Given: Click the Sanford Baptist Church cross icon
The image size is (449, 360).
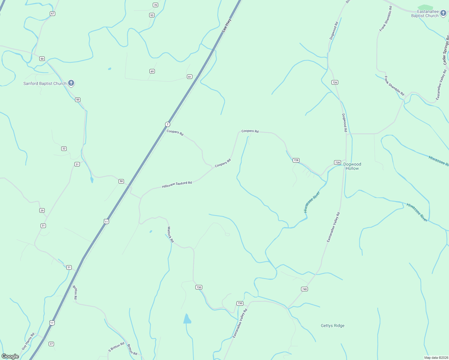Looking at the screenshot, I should [71, 82].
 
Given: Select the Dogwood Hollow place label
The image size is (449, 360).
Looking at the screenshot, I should [352, 166].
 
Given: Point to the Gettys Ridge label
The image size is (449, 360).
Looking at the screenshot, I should [333, 325].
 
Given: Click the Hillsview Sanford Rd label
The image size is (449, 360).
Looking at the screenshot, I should [177, 184].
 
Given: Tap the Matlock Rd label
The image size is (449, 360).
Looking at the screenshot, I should [170, 234].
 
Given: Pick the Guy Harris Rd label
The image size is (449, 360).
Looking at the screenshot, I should [28, 341].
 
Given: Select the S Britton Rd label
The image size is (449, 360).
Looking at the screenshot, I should [116, 347].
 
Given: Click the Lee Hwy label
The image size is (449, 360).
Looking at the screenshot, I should [227, 25].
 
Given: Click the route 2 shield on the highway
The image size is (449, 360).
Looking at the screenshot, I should [167, 124].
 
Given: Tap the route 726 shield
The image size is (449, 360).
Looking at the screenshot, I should [335, 82].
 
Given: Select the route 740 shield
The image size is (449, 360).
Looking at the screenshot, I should [304, 289].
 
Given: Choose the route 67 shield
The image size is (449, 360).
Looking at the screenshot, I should [53, 13].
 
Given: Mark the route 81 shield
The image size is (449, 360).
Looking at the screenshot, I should [189, 76].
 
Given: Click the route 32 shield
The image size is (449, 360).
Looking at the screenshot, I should [64, 148].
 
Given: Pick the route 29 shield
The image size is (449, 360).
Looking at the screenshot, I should [42, 210].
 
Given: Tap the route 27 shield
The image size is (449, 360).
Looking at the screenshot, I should [51, 344].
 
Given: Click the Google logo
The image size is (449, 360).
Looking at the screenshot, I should [10, 356].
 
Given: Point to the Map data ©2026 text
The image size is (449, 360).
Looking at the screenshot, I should [435, 358].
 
